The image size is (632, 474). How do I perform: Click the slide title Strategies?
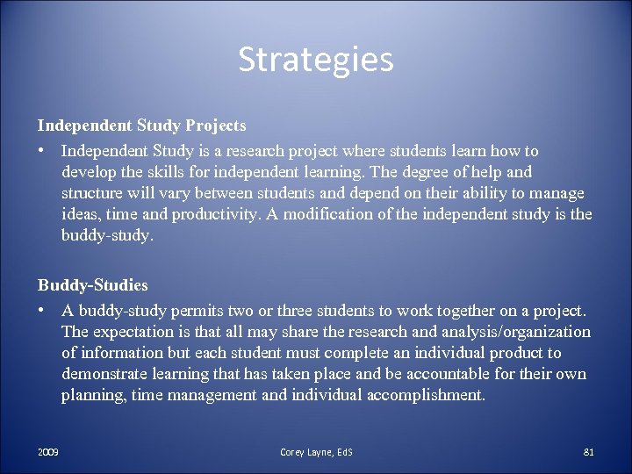pyautogui.click(x=316, y=61)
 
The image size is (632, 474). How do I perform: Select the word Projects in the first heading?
pyautogui.click(x=215, y=126)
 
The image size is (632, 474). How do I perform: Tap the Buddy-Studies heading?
pyautogui.click(x=92, y=285)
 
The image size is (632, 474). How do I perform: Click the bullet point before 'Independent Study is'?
pyautogui.click(x=41, y=152)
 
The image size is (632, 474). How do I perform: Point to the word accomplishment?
pyautogui.click(x=426, y=396)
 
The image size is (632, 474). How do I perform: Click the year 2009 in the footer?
pyautogui.click(x=48, y=452)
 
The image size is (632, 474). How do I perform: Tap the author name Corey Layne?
pyautogui.click(x=304, y=452)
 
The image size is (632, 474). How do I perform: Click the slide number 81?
pyautogui.click(x=589, y=452)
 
